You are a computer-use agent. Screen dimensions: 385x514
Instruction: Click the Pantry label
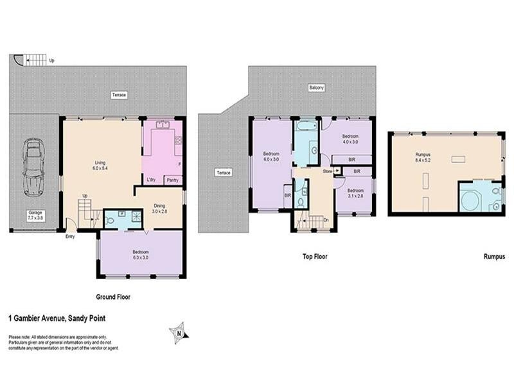(x=172, y=180)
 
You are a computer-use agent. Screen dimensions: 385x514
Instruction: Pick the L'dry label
(x=152, y=180)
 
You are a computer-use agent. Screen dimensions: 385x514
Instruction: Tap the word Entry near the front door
(x=70, y=237)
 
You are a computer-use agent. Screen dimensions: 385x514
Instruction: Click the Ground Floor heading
(x=113, y=297)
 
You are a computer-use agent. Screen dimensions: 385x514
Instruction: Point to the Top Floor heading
(x=315, y=257)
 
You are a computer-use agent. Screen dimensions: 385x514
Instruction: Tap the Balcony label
(x=315, y=88)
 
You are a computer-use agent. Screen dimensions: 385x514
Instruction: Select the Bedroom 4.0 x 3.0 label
(x=350, y=139)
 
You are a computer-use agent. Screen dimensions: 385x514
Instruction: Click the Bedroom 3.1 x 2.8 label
(x=356, y=193)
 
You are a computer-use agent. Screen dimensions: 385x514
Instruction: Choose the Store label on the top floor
(x=327, y=171)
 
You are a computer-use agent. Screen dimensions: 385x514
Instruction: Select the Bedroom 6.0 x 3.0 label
(x=270, y=157)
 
